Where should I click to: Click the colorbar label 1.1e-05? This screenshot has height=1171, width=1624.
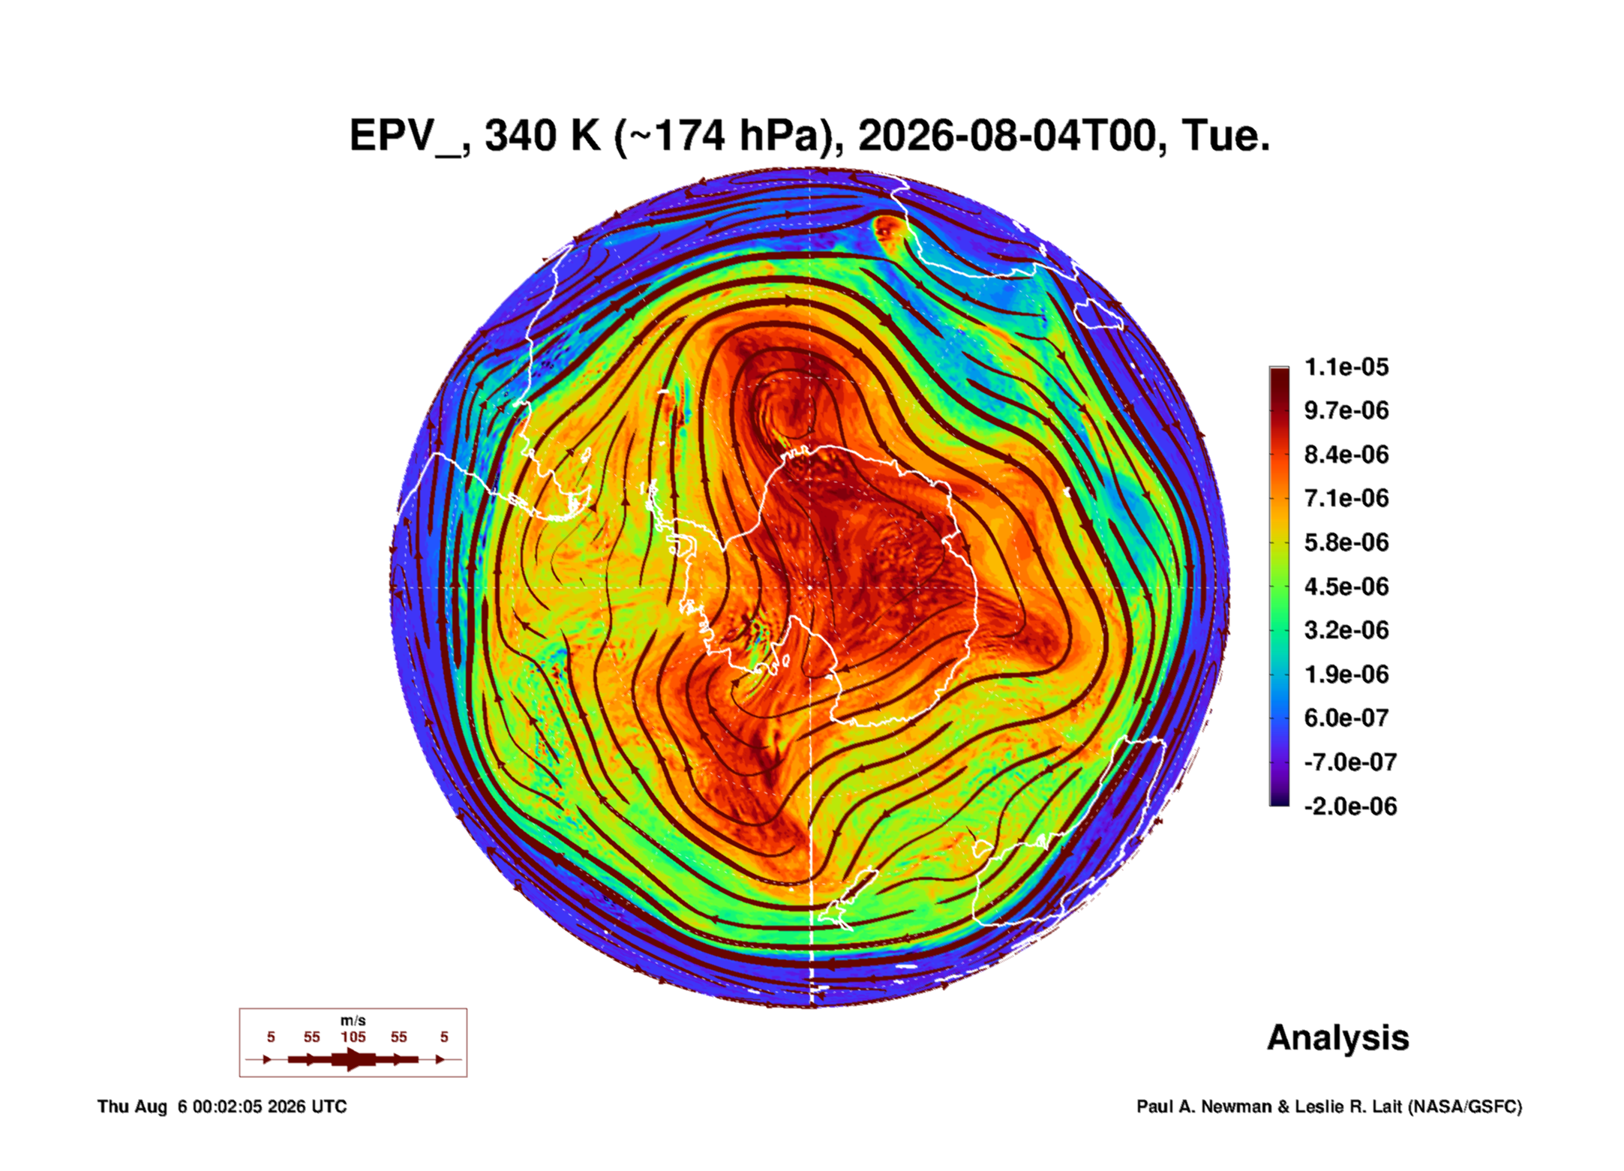pos(1346,367)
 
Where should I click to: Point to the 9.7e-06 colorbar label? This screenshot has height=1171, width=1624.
pos(1346,410)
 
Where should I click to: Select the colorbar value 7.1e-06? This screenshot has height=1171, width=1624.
pos(1346,498)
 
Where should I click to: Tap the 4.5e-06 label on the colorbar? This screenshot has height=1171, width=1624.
pos(1346,586)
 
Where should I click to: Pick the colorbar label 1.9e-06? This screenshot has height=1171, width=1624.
pos(1346,674)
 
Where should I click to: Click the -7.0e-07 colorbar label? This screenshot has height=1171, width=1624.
pos(1350,762)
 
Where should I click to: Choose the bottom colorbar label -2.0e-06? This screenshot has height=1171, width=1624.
pos(1350,806)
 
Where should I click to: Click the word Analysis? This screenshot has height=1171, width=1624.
pos(1338,1037)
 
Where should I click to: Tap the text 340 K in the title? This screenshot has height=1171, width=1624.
pos(542,136)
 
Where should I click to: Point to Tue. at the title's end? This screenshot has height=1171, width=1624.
pos(1226,136)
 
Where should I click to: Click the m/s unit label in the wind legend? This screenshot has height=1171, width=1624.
pos(353,1020)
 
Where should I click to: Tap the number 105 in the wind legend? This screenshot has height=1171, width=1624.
pos(353,1037)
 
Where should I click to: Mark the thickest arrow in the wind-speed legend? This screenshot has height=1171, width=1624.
pos(353,1059)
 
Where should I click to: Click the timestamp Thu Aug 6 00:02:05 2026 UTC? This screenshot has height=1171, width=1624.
pos(222,1106)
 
